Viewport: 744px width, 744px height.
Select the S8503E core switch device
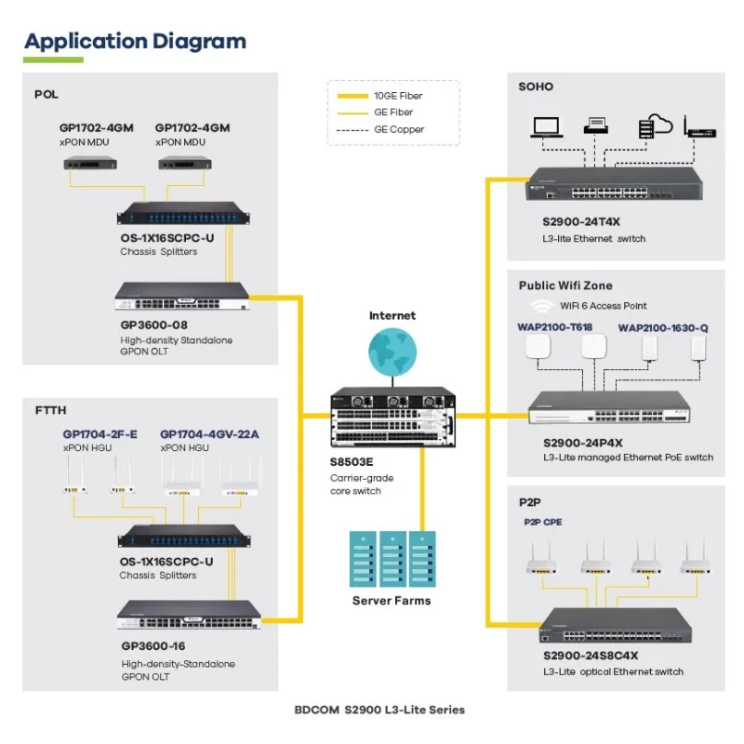392,422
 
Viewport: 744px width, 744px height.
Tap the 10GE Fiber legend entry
392,96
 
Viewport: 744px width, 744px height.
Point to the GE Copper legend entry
392,129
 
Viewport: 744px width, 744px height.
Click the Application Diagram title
136,41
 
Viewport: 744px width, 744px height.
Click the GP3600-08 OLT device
182,297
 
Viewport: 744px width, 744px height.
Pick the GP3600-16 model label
153,645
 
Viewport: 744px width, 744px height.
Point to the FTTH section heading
50,410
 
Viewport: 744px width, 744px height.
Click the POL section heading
46,94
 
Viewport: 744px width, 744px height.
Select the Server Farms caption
392,601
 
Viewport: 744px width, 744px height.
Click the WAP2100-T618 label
554,327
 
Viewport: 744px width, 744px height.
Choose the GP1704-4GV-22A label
209,433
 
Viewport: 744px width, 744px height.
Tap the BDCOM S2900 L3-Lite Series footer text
379,710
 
